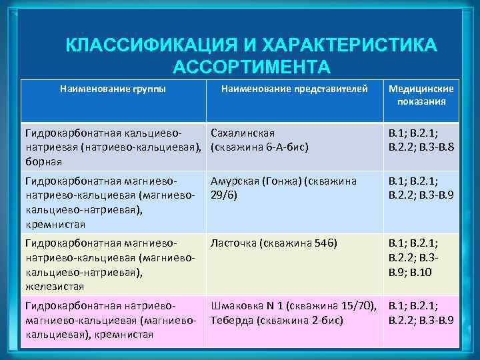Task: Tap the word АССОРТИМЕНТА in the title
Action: (251, 67)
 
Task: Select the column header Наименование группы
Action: (113, 88)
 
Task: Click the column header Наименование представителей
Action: (294, 88)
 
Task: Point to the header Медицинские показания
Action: (421, 95)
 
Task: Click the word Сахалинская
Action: (243, 133)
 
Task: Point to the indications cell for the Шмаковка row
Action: (421, 313)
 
